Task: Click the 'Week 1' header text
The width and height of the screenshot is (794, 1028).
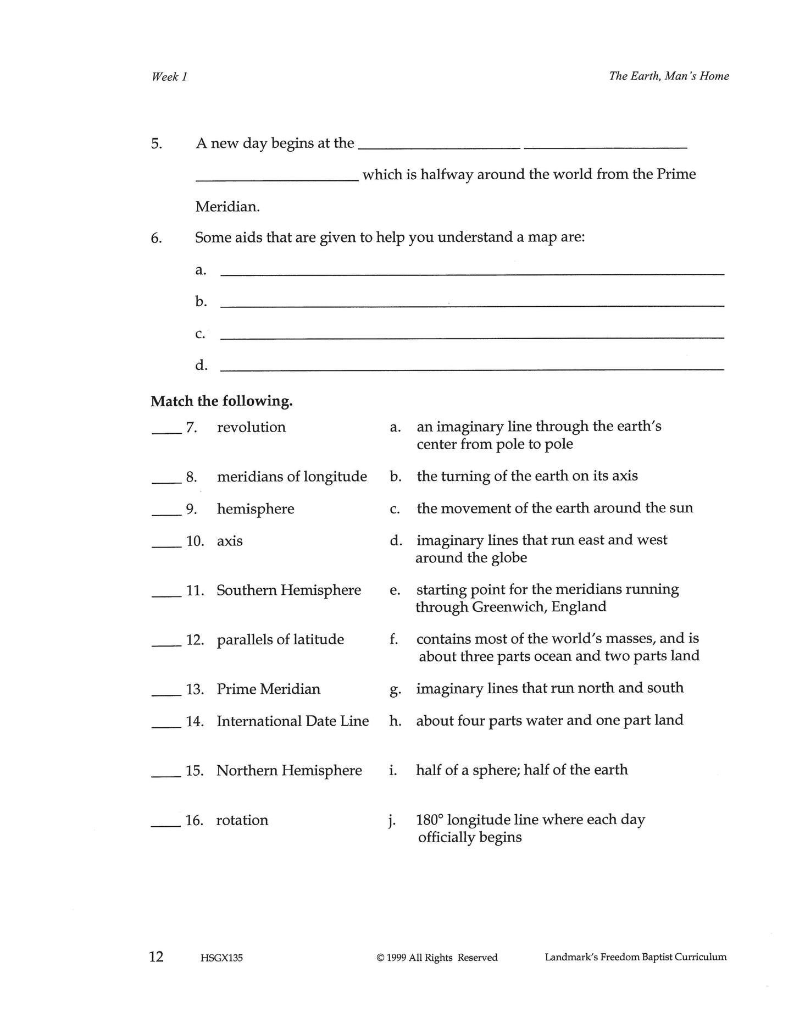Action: coord(169,77)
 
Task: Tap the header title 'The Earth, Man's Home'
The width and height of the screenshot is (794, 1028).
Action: coord(669,76)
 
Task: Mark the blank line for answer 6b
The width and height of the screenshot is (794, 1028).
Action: coord(471,305)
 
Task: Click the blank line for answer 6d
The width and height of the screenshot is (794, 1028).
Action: coord(471,369)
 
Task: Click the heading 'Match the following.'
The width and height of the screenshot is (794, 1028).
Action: coord(221,401)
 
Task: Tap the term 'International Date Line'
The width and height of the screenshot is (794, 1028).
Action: coord(292,721)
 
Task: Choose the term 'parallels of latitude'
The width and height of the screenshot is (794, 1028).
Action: coord(280,640)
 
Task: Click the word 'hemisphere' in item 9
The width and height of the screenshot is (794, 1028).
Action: coord(256,509)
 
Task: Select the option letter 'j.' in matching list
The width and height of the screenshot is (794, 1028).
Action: coord(392,821)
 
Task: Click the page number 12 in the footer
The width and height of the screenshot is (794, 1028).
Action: coord(156,957)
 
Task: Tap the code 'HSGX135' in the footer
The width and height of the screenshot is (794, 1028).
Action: coord(222,958)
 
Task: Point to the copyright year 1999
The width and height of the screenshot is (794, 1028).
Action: coord(396,958)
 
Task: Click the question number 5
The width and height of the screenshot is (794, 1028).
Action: coord(156,144)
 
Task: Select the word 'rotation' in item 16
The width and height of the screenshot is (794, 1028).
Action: coord(242,820)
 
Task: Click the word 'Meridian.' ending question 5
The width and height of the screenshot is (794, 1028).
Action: coord(227,207)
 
